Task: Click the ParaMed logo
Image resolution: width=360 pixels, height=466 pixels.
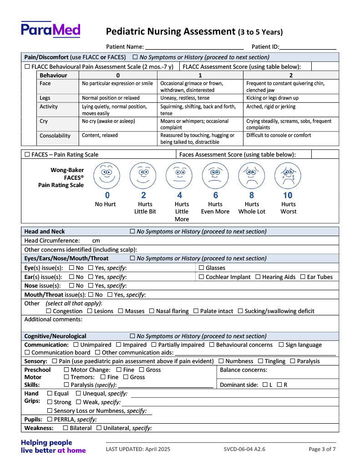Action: pyautogui.click(x=50, y=30)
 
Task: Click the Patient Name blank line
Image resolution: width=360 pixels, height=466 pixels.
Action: pyautogui.click(x=194, y=47)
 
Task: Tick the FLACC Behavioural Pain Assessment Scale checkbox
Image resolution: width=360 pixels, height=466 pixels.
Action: pyautogui.click(x=27, y=66)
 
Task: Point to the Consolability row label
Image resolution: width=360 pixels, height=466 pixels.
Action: pyautogui.click(x=55, y=136)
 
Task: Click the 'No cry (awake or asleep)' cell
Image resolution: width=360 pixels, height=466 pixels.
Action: pyautogui.click(x=108, y=121)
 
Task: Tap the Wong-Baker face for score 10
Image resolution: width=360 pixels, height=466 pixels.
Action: pyautogui.click(x=288, y=176)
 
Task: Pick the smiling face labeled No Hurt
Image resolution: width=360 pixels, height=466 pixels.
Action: pyautogui.click(x=106, y=176)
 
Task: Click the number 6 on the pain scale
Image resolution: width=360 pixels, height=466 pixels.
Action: pyautogui.click(x=216, y=195)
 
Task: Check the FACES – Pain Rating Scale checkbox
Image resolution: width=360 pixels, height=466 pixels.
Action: pyautogui.click(x=27, y=155)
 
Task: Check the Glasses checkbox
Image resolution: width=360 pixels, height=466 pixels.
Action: pyautogui.click(x=201, y=268)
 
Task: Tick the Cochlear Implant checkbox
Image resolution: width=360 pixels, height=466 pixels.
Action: pyautogui.click(x=201, y=277)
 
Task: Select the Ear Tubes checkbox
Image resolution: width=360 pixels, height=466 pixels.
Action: pyautogui.click(x=303, y=277)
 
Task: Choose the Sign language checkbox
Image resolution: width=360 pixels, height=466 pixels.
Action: pyautogui.click(x=281, y=345)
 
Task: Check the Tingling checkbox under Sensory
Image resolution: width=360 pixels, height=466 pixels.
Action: pyautogui.click(x=260, y=361)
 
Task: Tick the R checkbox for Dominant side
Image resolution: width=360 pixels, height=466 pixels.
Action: pyautogui.click(x=279, y=385)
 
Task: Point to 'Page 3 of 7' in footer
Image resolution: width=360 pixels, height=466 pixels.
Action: pyautogui.click(x=322, y=449)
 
